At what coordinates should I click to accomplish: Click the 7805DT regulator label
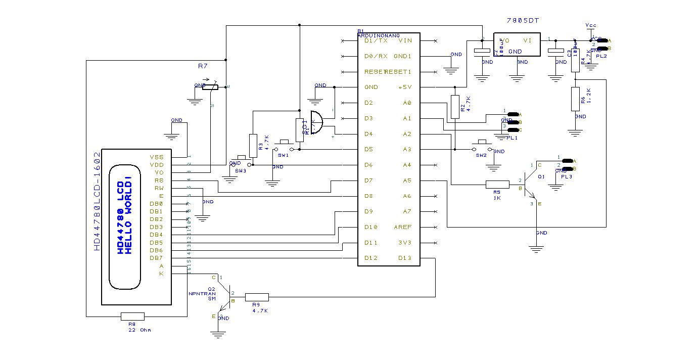point(523,21)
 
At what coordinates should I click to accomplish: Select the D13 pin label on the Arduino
point(404,258)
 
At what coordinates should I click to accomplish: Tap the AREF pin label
point(403,227)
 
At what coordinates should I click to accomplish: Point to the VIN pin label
point(405,40)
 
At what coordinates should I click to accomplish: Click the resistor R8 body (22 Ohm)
point(132,317)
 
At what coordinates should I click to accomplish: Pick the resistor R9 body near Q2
point(257,297)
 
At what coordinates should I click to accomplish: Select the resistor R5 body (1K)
point(497,185)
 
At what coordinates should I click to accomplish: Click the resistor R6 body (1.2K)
point(575,99)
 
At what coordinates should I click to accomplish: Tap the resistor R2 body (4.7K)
point(455,107)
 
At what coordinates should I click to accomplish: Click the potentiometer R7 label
point(203,66)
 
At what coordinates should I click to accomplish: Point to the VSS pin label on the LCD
point(157,157)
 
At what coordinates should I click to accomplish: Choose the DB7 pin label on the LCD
point(156,258)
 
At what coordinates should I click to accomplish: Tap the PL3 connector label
point(566,177)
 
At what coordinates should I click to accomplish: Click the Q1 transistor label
point(541,177)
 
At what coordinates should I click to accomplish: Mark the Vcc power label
point(590,25)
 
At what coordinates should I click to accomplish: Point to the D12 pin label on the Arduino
point(371,258)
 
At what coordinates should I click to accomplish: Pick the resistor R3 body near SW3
point(253,142)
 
